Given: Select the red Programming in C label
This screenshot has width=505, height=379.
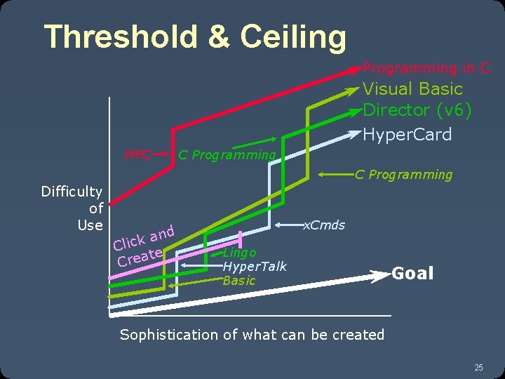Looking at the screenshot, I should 426,68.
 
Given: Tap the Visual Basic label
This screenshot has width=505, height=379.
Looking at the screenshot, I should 412,89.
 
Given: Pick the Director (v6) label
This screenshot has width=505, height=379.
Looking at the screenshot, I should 417,110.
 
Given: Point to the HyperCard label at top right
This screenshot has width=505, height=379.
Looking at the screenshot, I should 407,134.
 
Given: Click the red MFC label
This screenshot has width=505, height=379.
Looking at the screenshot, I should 137,154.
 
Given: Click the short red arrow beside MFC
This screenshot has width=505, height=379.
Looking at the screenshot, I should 163,152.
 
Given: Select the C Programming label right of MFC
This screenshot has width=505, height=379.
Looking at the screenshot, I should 227,155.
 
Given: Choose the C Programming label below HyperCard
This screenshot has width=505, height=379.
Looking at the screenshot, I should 403,175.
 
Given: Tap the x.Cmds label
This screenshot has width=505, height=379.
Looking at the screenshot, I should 323,225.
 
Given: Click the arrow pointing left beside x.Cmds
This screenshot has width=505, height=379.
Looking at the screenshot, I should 288,225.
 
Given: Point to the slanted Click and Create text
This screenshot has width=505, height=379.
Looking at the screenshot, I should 144,246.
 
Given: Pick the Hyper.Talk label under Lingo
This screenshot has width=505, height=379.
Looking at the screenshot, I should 254,266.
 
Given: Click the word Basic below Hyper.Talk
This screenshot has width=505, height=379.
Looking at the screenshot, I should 238,281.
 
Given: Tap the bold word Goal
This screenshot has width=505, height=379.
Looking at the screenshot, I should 412,273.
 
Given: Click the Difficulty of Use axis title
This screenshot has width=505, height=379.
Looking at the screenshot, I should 73,208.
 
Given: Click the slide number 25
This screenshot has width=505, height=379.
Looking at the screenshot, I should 478,367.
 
